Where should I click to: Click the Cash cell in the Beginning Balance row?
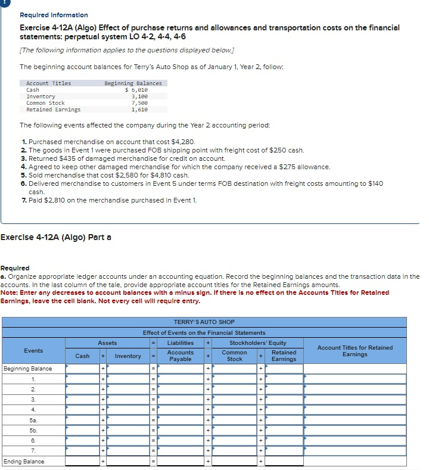pos(82,369)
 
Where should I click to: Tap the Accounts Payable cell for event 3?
pos(180,399)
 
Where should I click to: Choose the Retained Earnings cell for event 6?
pos(284,440)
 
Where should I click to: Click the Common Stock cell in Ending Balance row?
pos(234,461)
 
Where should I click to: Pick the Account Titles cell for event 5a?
pos(355,420)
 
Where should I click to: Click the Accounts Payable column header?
pos(180,356)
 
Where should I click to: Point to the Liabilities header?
pos(180,343)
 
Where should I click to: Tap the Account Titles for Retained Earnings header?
pos(355,351)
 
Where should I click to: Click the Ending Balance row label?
pos(24,461)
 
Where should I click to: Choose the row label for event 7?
pos(33,451)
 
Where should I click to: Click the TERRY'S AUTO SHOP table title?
pos(204,322)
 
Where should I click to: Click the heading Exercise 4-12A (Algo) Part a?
pos(55,238)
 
